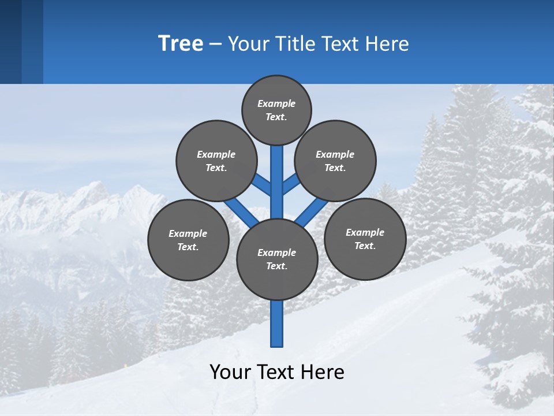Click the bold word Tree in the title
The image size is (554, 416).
(x=181, y=43)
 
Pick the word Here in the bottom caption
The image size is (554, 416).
(x=323, y=372)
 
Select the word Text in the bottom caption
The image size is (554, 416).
(x=276, y=372)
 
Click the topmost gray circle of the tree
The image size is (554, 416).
(x=276, y=110)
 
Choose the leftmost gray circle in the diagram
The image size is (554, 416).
(x=188, y=240)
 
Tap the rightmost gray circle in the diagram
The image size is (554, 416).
(x=365, y=239)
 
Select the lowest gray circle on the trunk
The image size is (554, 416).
(x=277, y=259)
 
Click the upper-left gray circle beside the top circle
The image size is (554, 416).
(x=216, y=161)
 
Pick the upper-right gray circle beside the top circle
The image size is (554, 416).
(x=335, y=161)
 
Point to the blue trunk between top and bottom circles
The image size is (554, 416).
(x=277, y=185)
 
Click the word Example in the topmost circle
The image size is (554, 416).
(x=276, y=104)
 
